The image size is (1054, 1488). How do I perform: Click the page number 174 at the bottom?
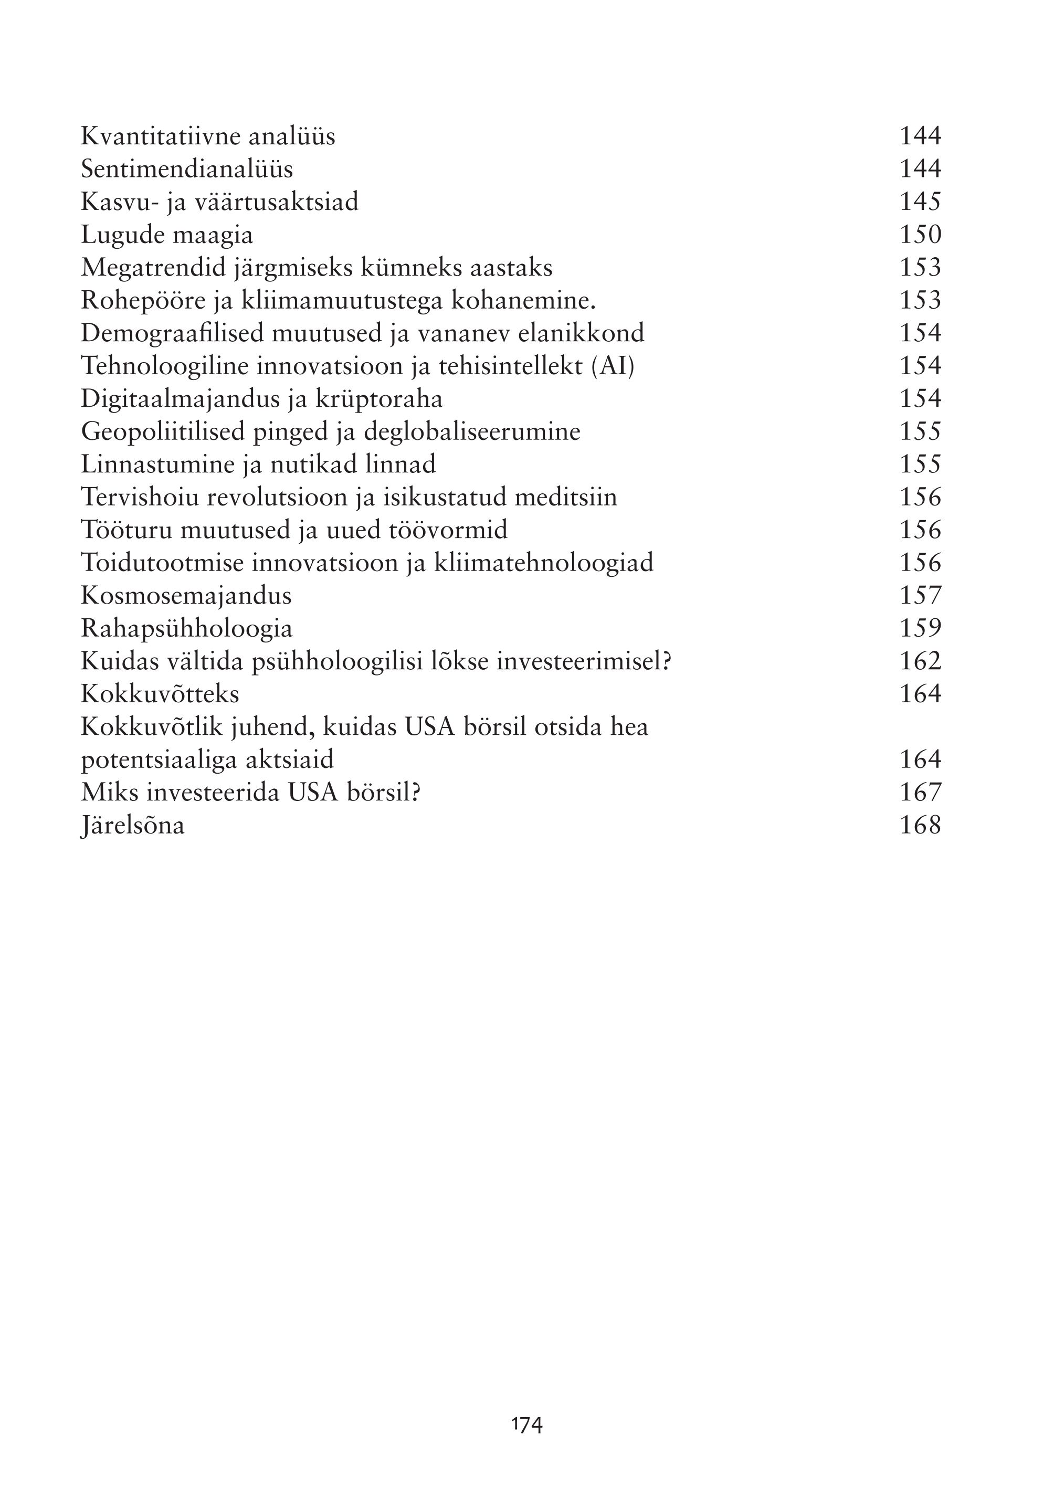pos(526,1424)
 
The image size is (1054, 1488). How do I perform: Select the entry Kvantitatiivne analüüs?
pos(208,136)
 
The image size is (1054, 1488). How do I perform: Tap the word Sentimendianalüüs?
pos(187,170)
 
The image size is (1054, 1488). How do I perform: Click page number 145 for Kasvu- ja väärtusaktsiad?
pos(920,202)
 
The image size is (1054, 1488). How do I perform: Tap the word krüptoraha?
pos(379,398)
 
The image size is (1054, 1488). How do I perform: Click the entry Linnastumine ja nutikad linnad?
pos(258,464)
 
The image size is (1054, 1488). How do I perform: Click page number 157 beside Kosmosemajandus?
pos(920,595)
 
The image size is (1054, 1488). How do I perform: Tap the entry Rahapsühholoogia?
pos(186,628)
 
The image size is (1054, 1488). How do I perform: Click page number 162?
pos(920,661)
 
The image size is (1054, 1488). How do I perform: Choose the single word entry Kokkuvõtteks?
pos(160,694)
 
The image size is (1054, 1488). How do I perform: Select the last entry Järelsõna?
pos(132,826)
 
